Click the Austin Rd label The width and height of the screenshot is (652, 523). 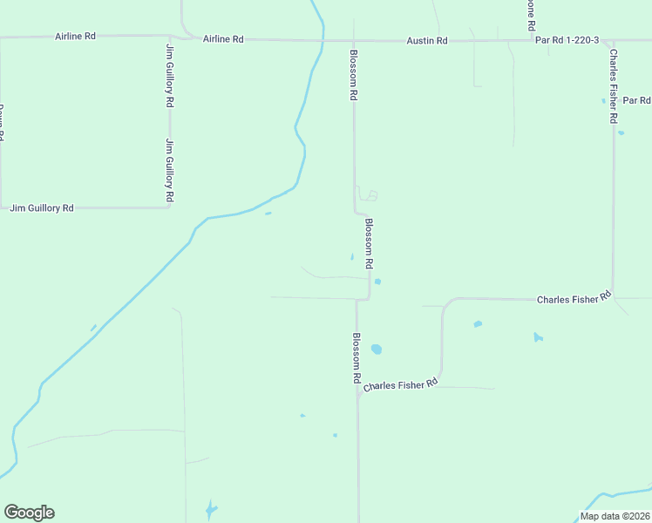click(427, 41)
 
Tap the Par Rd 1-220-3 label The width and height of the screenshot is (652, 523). click(567, 41)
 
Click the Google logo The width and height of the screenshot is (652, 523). click(29, 513)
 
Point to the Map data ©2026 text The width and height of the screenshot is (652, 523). click(615, 516)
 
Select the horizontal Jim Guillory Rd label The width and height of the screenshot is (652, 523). click(42, 208)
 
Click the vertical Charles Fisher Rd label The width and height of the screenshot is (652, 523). click(614, 85)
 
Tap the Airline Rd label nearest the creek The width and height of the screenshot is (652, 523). click(223, 39)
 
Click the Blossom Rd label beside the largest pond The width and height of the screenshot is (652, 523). click(357, 359)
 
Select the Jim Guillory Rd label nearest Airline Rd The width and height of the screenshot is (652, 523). click(169, 74)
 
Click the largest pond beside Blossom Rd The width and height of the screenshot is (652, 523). click(376, 349)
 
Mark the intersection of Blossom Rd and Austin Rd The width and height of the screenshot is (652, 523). click(353, 40)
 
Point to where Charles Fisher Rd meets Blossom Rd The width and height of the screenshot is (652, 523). click(357, 392)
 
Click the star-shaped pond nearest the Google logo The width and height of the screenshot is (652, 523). click(209, 508)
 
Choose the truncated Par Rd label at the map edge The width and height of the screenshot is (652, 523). click(636, 100)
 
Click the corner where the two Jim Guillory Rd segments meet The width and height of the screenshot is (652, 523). click(169, 207)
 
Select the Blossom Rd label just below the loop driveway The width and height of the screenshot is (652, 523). click(369, 243)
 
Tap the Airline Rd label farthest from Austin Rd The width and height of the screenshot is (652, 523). click(75, 37)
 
